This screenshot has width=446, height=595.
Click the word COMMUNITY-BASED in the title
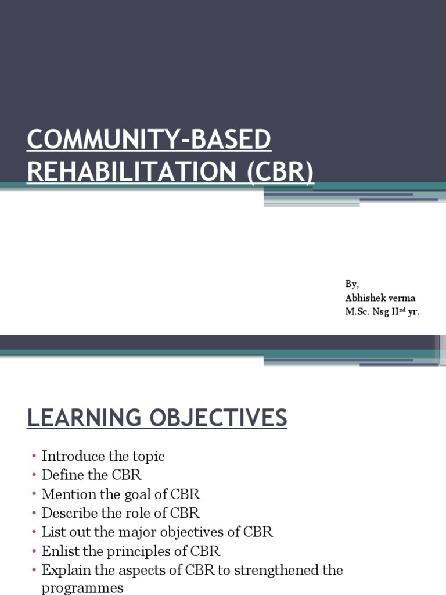tap(149, 141)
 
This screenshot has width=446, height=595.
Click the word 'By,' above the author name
tap(352, 284)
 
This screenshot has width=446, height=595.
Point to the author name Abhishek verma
tap(380, 298)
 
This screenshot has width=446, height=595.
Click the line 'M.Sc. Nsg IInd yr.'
tap(382, 312)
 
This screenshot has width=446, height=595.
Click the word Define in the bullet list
tap(63, 475)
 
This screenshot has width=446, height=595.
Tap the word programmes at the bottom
tap(82, 588)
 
